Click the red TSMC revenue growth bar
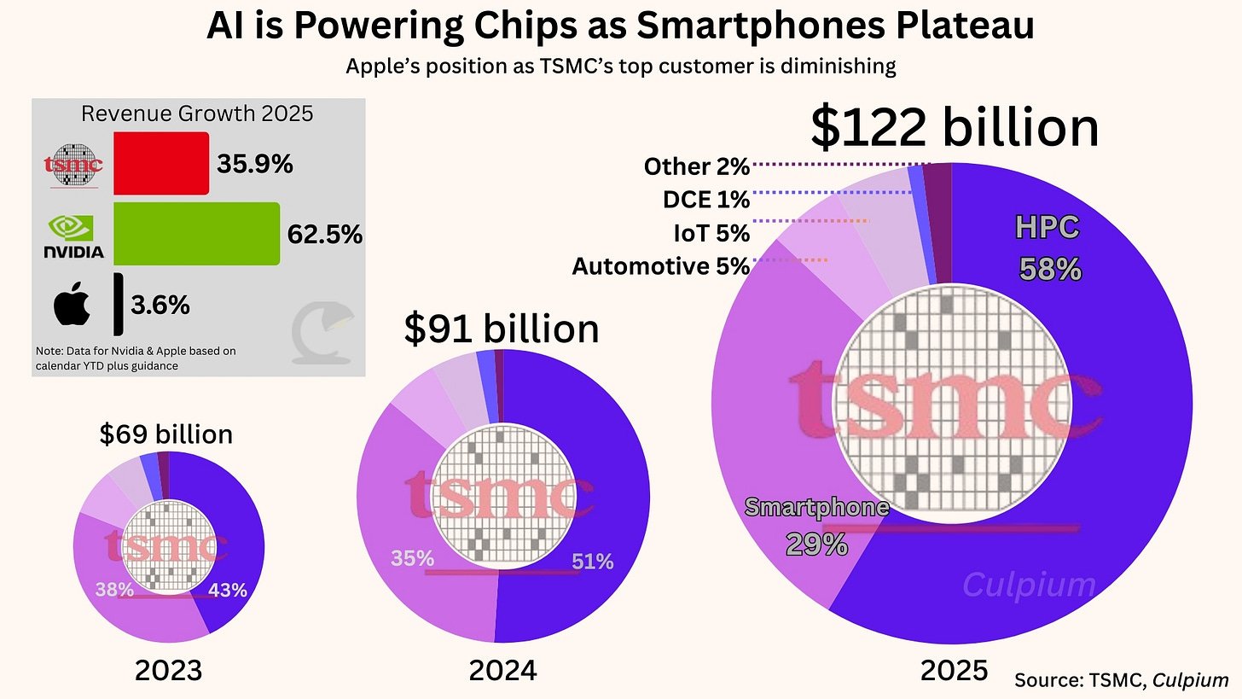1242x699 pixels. [x=160, y=163]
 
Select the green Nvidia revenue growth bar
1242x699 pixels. [x=196, y=233]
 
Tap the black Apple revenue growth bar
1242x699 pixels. [x=118, y=304]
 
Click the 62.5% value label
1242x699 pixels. [x=325, y=234]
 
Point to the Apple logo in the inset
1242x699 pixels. [x=72, y=306]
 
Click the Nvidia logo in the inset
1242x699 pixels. [x=73, y=236]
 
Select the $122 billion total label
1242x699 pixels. [x=954, y=128]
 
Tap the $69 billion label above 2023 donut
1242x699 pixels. [x=166, y=434]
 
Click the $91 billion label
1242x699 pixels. [x=502, y=329]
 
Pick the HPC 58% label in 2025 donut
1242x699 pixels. [x=1048, y=248]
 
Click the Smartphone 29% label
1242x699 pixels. [x=816, y=525]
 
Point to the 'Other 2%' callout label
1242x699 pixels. [x=696, y=166]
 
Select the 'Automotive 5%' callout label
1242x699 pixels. [x=660, y=267]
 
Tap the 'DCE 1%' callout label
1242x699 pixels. [x=705, y=200]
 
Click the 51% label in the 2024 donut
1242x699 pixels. [x=592, y=562]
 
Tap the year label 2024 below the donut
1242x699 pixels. [x=502, y=671]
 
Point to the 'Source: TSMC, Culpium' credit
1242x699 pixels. [x=1121, y=680]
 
